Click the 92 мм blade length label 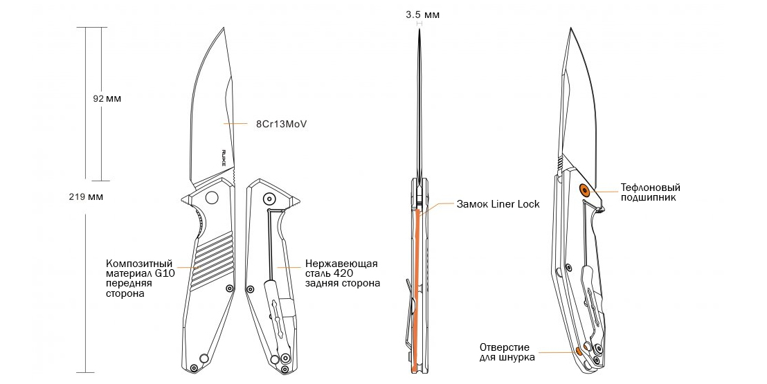pyautogui.click(x=107, y=99)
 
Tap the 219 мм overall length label pyautogui.click(x=86, y=196)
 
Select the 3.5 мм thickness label pyautogui.click(x=422, y=14)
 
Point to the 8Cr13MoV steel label pyautogui.click(x=281, y=124)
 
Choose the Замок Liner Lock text pyautogui.click(x=498, y=204)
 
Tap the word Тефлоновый pyautogui.click(x=650, y=188)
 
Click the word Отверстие pyautogui.click(x=505, y=347)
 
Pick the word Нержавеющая pyautogui.click(x=341, y=264)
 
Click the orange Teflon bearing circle pyautogui.click(x=585, y=190)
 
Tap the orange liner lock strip pyautogui.click(x=415, y=291)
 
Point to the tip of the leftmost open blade pyautogui.click(x=225, y=28)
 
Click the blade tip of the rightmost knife pyautogui.click(x=570, y=29)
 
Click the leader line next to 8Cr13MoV pyautogui.click(x=237, y=124)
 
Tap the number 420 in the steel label pyautogui.click(x=343, y=273)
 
